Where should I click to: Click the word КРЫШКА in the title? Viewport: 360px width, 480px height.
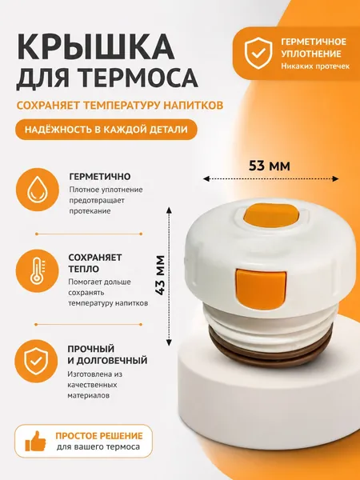tap(95, 47)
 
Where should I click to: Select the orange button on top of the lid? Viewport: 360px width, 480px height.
tap(271, 216)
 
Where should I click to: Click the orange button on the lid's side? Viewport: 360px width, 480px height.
tap(261, 290)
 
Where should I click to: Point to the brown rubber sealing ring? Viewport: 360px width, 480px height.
tap(270, 350)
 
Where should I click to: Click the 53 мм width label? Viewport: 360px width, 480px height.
tap(269, 166)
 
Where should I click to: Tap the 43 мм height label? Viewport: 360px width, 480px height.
tap(160, 275)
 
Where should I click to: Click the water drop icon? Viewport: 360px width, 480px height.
tap(38, 190)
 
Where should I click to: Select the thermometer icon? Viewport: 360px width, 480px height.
tap(38, 270)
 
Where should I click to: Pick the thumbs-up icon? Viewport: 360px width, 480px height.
tap(35, 441)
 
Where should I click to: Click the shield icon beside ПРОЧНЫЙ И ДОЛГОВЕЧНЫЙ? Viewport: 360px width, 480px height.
tap(37, 361)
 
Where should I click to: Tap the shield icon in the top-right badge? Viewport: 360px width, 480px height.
tap(258, 53)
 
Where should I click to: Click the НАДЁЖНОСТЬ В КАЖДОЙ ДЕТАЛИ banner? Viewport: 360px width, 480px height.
tap(106, 129)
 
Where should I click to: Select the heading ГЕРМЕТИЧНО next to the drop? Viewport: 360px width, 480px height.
tap(100, 177)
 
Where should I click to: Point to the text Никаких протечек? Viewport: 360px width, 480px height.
tap(315, 66)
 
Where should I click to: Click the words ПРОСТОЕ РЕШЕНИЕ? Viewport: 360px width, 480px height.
tap(99, 436)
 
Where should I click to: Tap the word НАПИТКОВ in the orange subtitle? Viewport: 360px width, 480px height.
tap(193, 106)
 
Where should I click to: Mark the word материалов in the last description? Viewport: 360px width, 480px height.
tap(88, 395)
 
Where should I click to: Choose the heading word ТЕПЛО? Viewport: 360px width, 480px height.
tap(83, 269)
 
